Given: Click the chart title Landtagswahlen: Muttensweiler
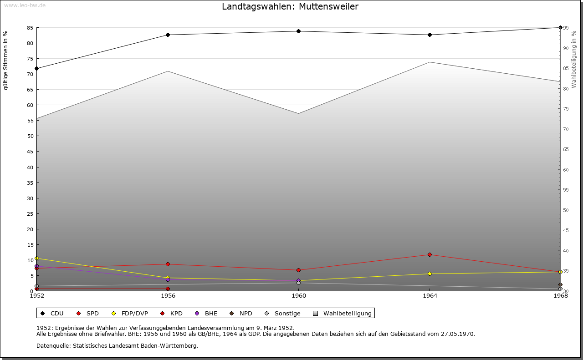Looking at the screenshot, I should pos(290,7).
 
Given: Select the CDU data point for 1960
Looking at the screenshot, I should pos(298,31).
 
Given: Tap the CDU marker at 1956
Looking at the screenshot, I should pos(168,35).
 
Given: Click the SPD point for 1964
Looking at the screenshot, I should pos(430,254).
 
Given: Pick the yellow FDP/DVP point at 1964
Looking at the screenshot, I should pos(430,274).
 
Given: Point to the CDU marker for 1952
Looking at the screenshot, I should pos(36,69).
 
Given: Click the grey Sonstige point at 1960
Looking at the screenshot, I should pos(298,283).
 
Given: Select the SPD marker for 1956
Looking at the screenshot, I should pos(168,264).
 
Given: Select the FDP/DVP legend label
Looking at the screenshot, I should pos(134,313).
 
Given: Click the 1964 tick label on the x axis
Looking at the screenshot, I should pos(430,295).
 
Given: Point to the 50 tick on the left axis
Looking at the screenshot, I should pos(30,136).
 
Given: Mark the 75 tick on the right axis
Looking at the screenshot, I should pos(565,109).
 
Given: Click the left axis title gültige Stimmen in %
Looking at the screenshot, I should pos(5,61).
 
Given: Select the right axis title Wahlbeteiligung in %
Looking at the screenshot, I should pos(574,60).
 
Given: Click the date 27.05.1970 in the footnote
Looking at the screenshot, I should pos(457,334).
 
